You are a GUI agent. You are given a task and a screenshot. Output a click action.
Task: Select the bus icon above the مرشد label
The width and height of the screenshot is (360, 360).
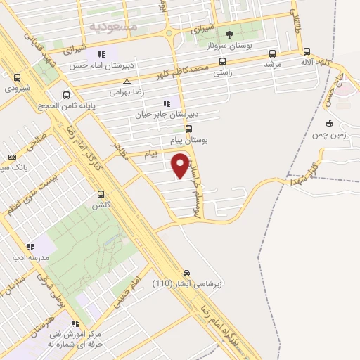tap(272, 53)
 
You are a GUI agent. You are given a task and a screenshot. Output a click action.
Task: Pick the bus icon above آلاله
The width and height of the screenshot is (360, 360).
tap(307, 51)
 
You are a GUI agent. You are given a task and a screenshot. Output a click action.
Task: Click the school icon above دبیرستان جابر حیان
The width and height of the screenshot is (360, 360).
tap(167, 103)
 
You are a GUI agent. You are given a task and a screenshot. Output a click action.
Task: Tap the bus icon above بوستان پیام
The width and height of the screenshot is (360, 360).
tap(188, 129)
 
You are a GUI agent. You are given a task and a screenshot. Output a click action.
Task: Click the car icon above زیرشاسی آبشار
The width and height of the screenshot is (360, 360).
tap(186, 273)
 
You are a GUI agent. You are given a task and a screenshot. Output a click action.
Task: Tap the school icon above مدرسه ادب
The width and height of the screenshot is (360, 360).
tap(30, 247)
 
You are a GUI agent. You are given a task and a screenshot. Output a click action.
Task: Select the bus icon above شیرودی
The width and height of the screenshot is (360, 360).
tap(17, 78)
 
